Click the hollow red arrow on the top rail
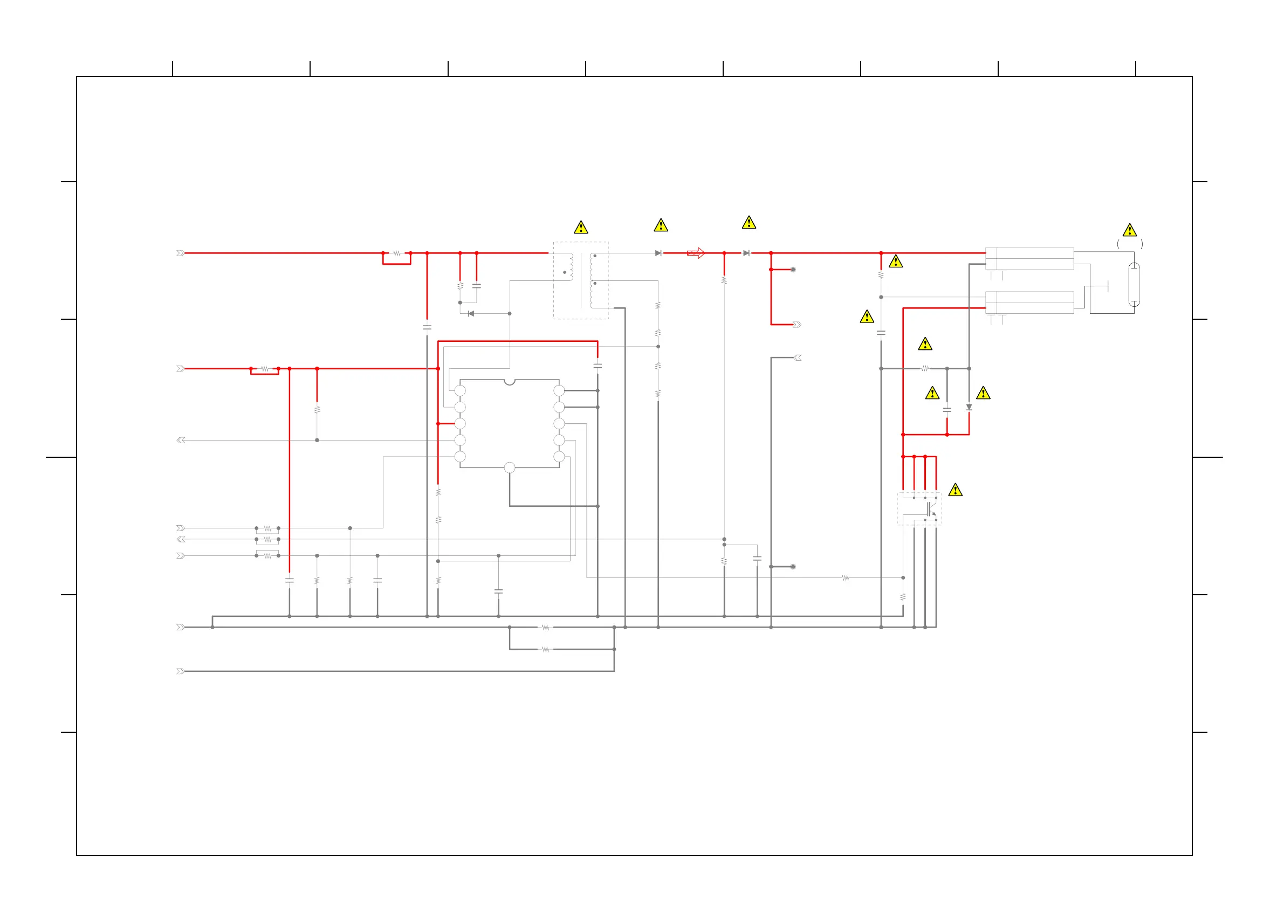(696, 253)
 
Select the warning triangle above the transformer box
(581, 228)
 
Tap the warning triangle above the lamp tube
(1130, 230)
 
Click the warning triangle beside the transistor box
(955, 490)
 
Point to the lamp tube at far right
(1134, 285)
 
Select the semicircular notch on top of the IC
(510, 382)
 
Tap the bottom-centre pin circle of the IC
(510, 468)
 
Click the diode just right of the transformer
(658, 253)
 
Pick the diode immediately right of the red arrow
(746, 253)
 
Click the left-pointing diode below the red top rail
(471, 314)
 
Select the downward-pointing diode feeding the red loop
(969, 408)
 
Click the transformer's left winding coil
(571, 267)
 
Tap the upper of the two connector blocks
(1029, 259)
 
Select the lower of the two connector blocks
(1029, 302)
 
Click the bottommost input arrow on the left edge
(180, 671)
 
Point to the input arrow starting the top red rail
(180, 253)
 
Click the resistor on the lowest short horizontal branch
(545, 650)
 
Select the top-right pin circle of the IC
(559, 391)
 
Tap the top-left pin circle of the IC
(460, 391)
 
